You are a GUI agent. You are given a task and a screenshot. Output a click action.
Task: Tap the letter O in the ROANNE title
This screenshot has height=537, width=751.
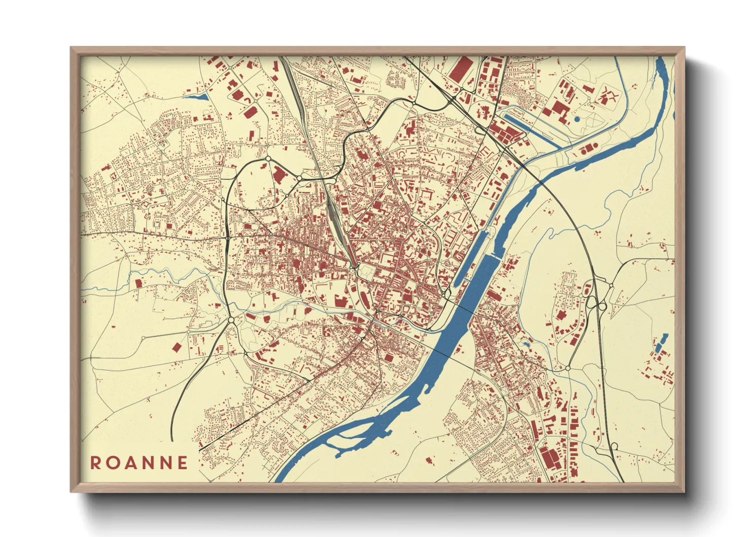(113, 463)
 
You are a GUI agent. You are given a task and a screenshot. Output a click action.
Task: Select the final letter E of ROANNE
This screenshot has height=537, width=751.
(182, 463)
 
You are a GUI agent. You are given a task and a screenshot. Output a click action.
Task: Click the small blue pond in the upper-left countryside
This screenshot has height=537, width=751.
(195, 96)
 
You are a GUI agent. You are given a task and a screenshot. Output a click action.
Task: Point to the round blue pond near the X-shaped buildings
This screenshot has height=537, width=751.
(577, 119)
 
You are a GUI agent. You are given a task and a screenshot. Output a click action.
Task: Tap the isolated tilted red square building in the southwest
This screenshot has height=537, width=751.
(177, 347)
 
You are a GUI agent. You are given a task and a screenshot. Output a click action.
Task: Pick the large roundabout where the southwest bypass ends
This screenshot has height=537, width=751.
(231, 320)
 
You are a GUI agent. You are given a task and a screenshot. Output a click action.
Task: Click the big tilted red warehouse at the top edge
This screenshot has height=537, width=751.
(462, 69)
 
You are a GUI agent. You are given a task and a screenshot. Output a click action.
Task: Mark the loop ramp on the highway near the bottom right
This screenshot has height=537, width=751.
(615, 446)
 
